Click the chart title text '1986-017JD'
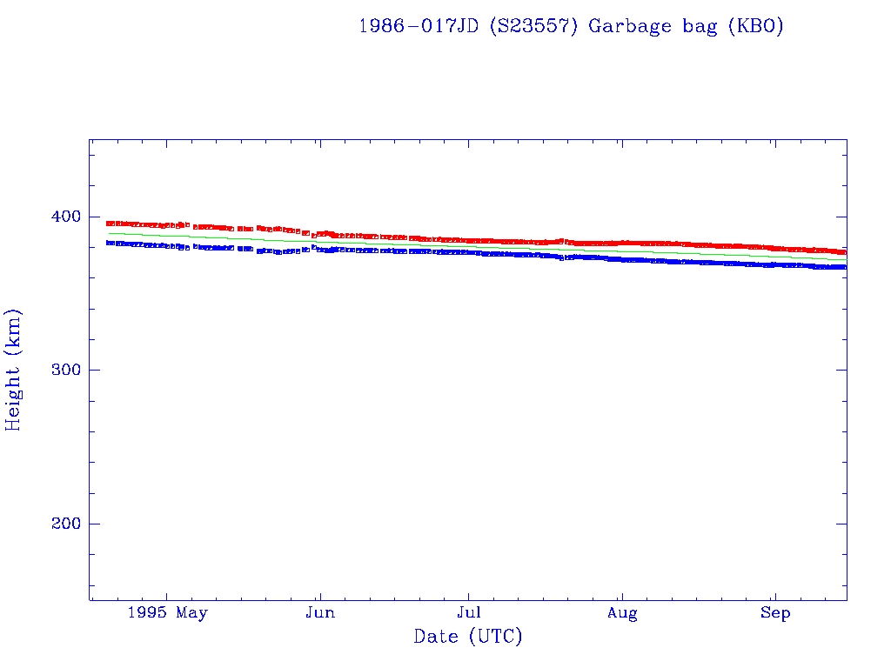pos(419,26)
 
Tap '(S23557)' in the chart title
pos(533,26)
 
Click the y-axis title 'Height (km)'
pos(14,370)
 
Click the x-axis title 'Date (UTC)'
pos(468,637)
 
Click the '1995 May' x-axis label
pos(167,613)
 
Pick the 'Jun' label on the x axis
pos(320,613)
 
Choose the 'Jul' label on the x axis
pos(469,613)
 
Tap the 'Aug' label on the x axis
pos(622,613)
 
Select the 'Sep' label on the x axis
pos(774,613)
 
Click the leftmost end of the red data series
pos(108,224)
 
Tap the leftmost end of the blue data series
pos(108,243)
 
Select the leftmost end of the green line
pos(108,233)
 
